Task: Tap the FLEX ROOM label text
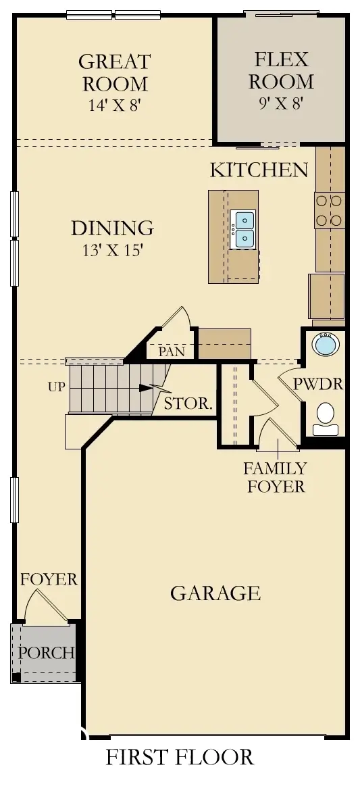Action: click(281, 70)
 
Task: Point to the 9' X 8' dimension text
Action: click(281, 103)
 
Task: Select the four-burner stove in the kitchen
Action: click(330, 210)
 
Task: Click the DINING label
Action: click(112, 228)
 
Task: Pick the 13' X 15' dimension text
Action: click(112, 251)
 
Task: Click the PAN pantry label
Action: click(171, 351)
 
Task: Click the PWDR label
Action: click(317, 385)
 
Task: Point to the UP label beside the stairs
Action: click(57, 387)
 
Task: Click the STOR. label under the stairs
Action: click(189, 405)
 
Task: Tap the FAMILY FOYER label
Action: click(275, 476)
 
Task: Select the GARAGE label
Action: click(215, 593)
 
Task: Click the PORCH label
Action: click(45, 653)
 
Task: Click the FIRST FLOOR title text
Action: click(180, 757)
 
